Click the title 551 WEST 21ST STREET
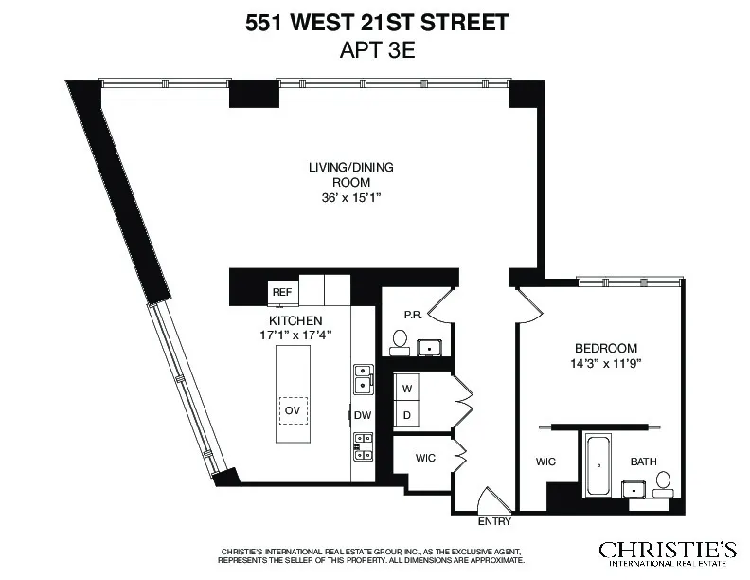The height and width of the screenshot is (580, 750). click(377, 23)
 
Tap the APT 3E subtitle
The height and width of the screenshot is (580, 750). click(377, 51)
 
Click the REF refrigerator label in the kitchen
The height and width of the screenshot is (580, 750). click(281, 292)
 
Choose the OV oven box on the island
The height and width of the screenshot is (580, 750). click(293, 409)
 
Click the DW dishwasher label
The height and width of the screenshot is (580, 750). click(362, 415)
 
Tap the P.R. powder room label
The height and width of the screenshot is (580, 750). click(412, 315)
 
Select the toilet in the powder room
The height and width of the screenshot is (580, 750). click(400, 341)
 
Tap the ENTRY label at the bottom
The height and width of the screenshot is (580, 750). click(494, 522)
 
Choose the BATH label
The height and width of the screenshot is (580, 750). click(646, 462)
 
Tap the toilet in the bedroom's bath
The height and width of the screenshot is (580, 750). click(664, 482)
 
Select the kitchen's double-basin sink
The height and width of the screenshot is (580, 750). click(363, 379)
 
